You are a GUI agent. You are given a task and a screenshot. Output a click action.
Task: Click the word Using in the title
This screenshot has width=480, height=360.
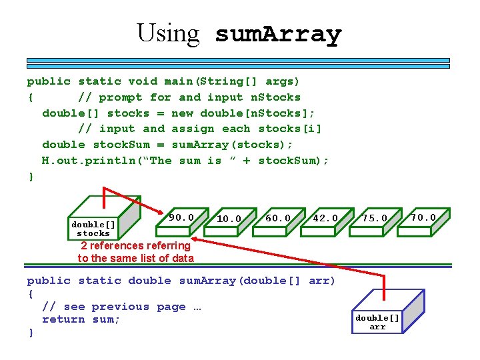click(x=168, y=33)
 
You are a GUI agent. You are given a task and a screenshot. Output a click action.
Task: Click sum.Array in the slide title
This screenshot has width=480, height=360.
click(x=278, y=34)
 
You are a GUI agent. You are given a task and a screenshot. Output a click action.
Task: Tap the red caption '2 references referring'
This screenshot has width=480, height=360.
click(x=135, y=246)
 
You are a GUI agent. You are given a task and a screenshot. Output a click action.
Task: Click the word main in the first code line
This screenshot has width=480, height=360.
click(x=179, y=81)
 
